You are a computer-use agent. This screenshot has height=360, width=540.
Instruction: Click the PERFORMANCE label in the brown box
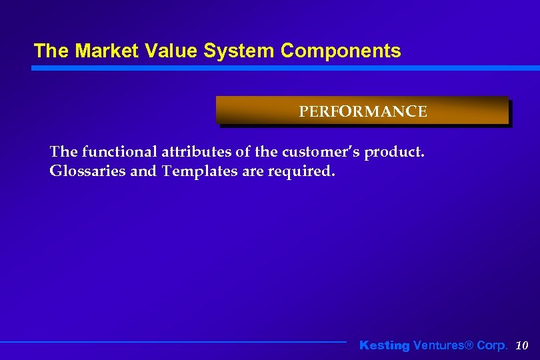(363, 111)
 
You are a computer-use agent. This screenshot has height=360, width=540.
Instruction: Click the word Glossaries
(87, 171)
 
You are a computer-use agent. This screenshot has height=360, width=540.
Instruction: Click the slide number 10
(522, 345)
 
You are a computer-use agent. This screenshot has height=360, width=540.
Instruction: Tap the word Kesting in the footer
(385, 345)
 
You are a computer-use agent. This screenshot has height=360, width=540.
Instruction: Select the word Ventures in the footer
(437, 345)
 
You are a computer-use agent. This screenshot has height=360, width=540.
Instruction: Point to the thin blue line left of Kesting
(173, 342)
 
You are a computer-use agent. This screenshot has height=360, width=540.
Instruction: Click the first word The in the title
(47, 51)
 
